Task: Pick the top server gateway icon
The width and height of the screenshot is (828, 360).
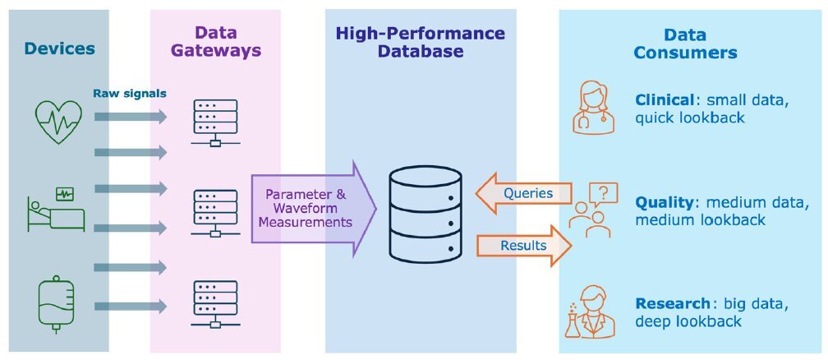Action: [x=214, y=123]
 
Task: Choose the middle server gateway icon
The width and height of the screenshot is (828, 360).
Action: [x=214, y=214]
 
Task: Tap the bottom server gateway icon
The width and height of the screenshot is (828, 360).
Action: [x=214, y=304]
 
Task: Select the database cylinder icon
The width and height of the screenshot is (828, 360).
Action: [x=423, y=213]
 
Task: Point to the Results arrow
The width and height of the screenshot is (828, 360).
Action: [x=522, y=245]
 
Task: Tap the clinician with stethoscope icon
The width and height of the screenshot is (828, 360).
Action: [x=595, y=106]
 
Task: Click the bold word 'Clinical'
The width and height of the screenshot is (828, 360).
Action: [x=663, y=100]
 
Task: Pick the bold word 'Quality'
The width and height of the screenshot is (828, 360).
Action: [x=663, y=202]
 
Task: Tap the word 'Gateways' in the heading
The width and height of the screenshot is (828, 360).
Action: [x=216, y=51]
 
